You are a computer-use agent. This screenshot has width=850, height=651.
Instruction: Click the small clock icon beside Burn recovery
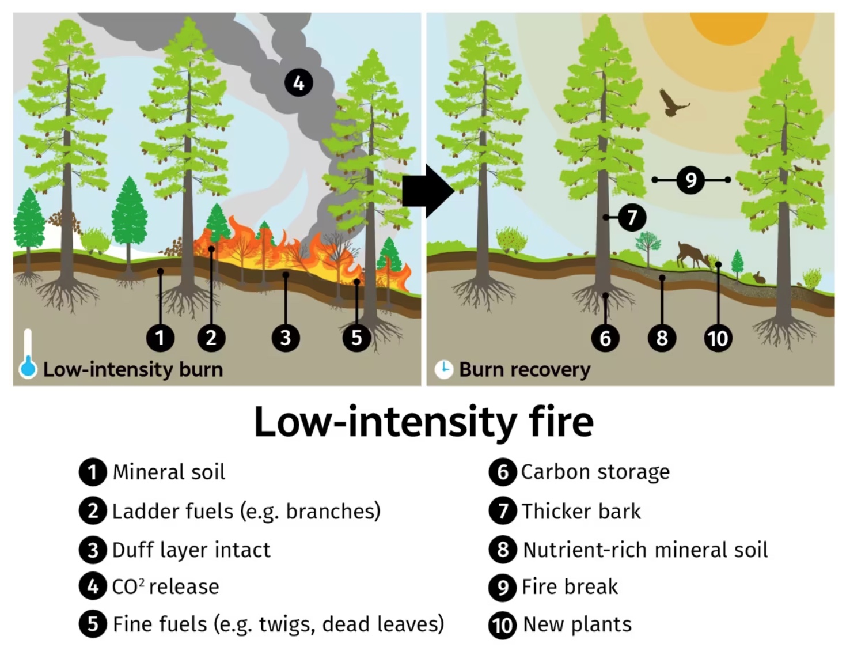[x=443, y=369]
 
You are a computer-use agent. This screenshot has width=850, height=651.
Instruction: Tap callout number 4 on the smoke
[x=298, y=83]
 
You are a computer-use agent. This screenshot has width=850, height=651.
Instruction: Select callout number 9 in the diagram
[x=690, y=180]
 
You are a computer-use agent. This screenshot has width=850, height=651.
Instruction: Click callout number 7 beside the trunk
[x=632, y=218]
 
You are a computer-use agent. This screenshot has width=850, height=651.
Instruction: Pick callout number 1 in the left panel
[x=160, y=338]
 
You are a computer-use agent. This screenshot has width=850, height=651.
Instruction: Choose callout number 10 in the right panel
[x=718, y=338]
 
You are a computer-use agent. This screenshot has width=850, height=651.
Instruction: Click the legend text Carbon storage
[x=595, y=472]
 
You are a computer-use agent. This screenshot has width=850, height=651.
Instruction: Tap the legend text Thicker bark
[x=581, y=511]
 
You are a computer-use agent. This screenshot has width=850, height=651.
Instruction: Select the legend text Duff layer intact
[x=191, y=550]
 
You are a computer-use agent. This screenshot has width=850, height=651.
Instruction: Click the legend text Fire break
[x=570, y=587]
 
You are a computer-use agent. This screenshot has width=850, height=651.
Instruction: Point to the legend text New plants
[x=577, y=624]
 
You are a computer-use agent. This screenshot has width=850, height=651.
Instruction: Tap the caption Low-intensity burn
[x=133, y=369]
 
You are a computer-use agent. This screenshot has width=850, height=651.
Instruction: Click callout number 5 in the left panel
[x=356, y=338]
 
